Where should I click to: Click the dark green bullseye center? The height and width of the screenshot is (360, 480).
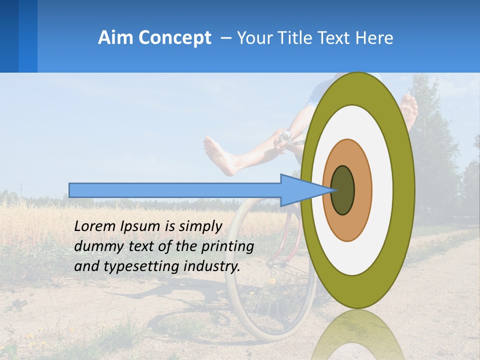(x=342, y=190)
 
